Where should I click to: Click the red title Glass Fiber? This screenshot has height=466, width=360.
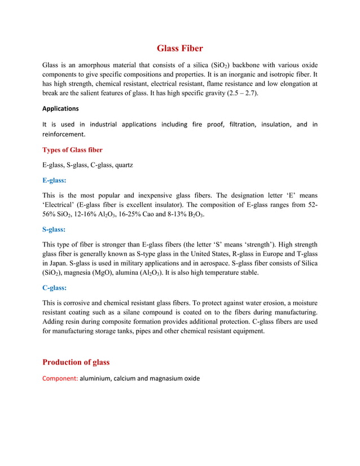pyautogui.click(x=180, y=49)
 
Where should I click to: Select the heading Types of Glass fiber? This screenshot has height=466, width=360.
pyautogui.click(x=72, y=150)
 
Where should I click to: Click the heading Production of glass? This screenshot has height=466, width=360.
pyautogui.click(x=76, y=362)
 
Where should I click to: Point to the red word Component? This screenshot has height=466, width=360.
pyautogui.click(x=60, y=378)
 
